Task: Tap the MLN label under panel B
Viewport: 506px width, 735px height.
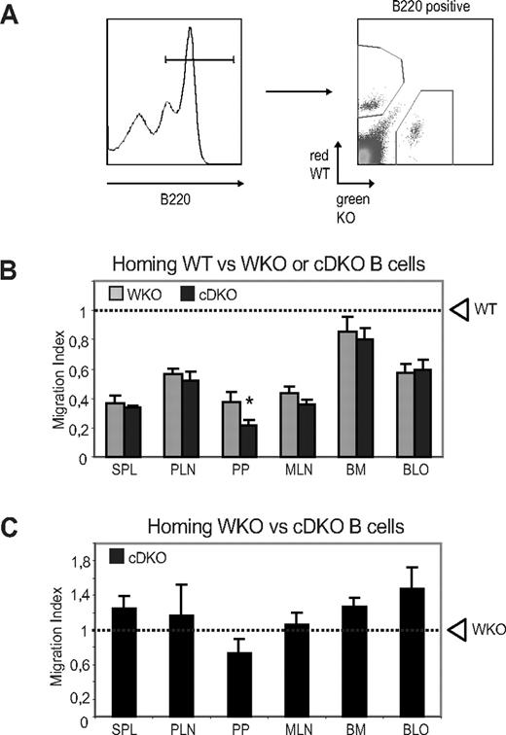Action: (x=283, y=471)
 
